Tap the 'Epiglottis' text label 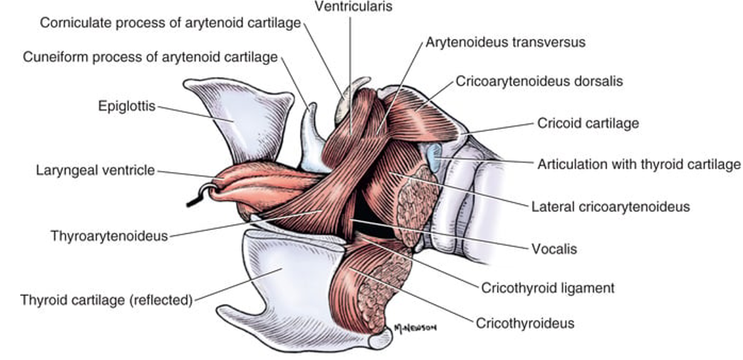click(x=127, y=105)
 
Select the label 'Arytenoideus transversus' click(x=506, y=43)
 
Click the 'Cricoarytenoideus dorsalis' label click(x=540, y=81)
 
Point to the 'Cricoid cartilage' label click(x=588, y=123)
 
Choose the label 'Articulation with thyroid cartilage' click(x=638, y=165)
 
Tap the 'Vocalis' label click(x=554, y=249)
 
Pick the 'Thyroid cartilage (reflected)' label click(x=106, y=299)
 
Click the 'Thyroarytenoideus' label click(x=110, y=237)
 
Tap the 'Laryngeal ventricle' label click(x=96, y=171)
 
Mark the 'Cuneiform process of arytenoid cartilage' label click(x=150, y=57)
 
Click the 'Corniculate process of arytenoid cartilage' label click(x=170, y=23)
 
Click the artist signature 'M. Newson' click(x=414, y=328)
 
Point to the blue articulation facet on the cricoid click(x=434, y=157)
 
